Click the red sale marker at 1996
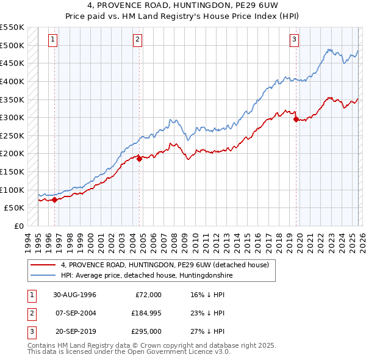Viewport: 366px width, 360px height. [x=55, y=200]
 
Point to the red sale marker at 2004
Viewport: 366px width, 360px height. [x=139, y=159]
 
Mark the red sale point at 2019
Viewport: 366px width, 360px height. [x=296, y=120]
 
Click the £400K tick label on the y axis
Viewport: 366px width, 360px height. [x=12, y=81]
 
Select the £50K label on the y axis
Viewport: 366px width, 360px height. [x=15, y=208]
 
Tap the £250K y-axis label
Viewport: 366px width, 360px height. [x=12, y=135]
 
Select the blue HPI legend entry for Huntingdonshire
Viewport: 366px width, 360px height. [x=146, y=275]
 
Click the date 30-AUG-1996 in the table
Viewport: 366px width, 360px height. [x=74, y=295]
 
